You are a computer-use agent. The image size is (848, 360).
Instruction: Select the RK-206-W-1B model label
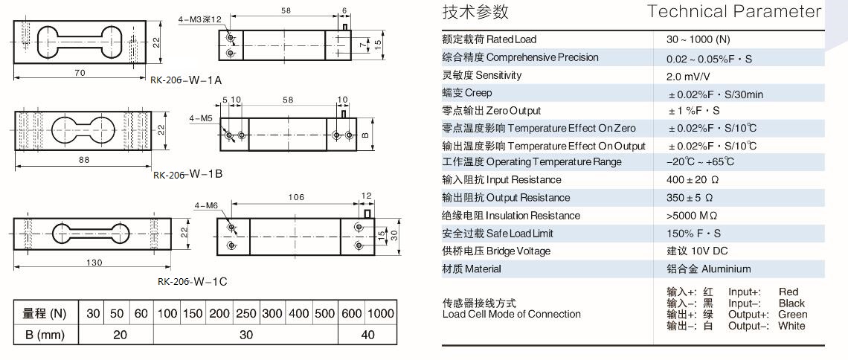(188, 175)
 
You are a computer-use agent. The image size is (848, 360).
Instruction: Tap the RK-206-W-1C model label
(192, 281)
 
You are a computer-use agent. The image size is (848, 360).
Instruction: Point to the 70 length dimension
(80, 72)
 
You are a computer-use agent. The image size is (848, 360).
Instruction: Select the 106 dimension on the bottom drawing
(295, 197)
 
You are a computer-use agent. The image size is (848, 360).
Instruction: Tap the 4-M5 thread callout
(201, 118)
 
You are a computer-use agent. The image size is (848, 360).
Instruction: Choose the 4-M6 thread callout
(206, 205)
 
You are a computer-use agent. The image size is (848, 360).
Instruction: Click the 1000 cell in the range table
(380, 314)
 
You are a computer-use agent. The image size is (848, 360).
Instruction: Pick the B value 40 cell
(367, 335)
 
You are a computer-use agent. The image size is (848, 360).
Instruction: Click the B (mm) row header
(47, 335)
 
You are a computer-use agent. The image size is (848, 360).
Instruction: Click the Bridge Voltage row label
(496, 251)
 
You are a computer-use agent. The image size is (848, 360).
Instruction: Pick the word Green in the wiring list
(792, 315)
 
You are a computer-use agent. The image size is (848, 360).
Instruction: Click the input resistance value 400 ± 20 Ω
(693, 180)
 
